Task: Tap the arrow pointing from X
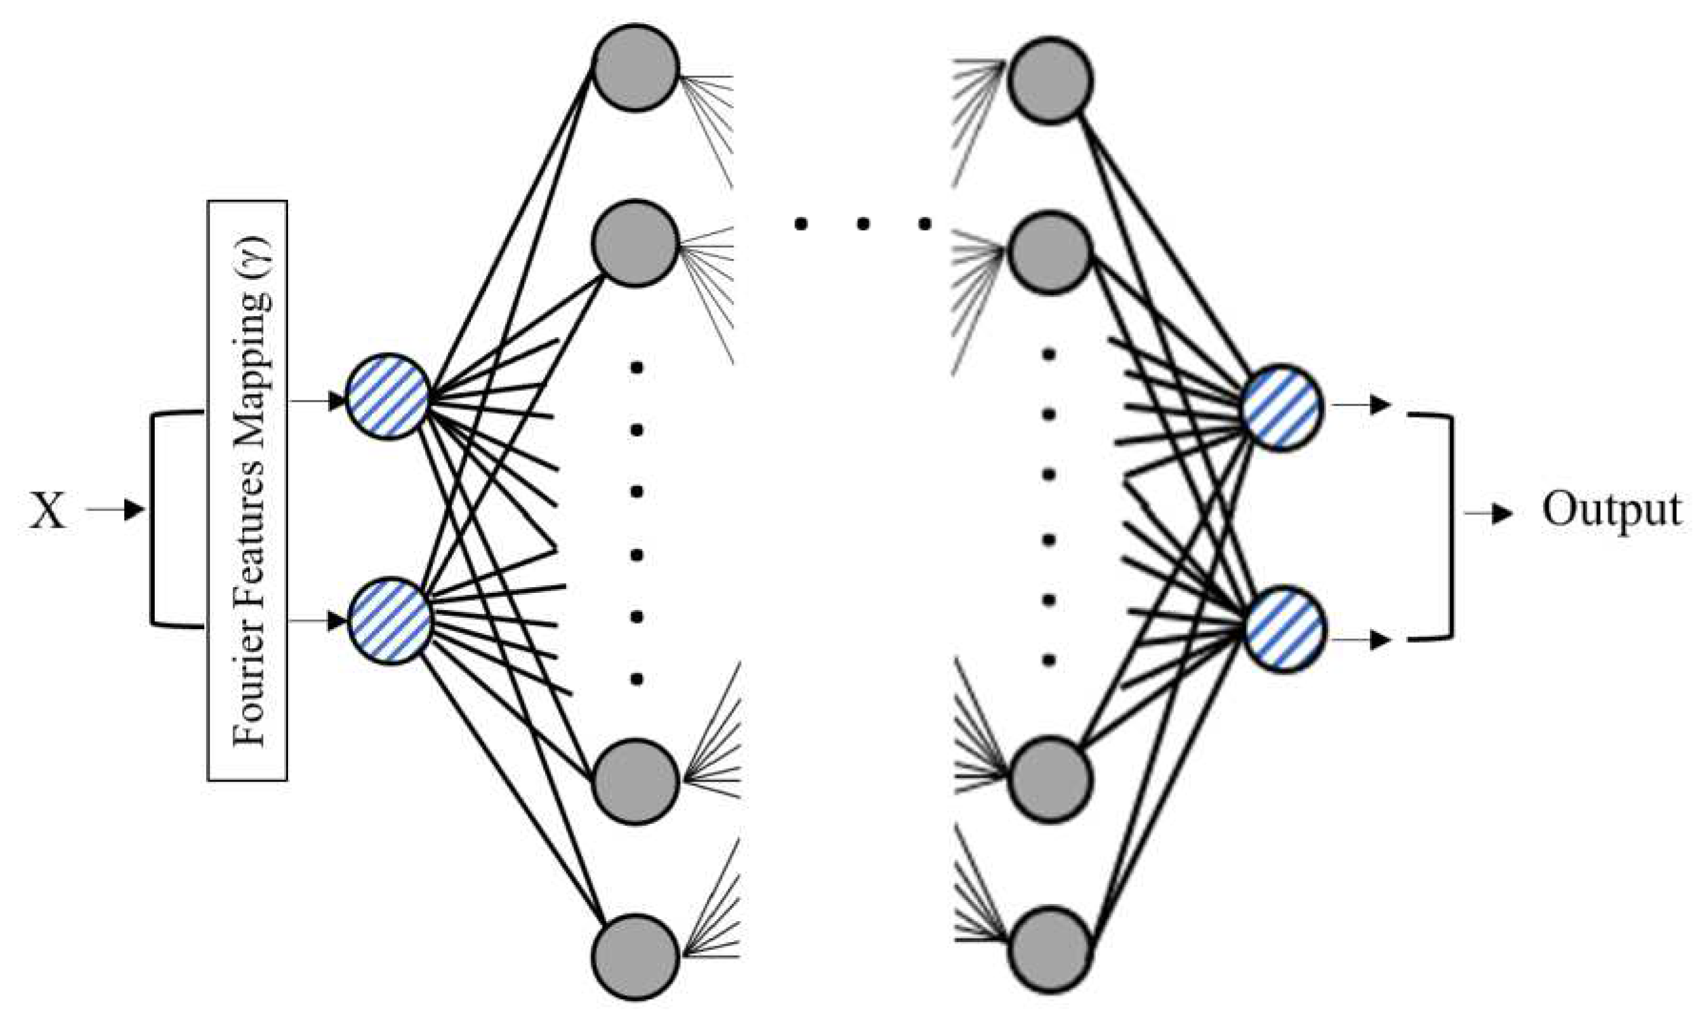(115, 510)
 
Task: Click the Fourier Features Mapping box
(247, 490)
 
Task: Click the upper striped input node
(387, 397)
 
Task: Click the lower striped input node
(390, 620)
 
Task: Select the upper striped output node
(1282, 408)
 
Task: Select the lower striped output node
(1285, 629)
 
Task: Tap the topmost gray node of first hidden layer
(635, 67)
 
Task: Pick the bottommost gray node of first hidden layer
(635, 957)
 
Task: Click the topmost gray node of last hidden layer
(1049, 80)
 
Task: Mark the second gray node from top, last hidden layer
(1049, 253)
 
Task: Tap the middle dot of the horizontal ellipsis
(862, 223)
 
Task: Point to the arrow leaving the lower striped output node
(1361, 641)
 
